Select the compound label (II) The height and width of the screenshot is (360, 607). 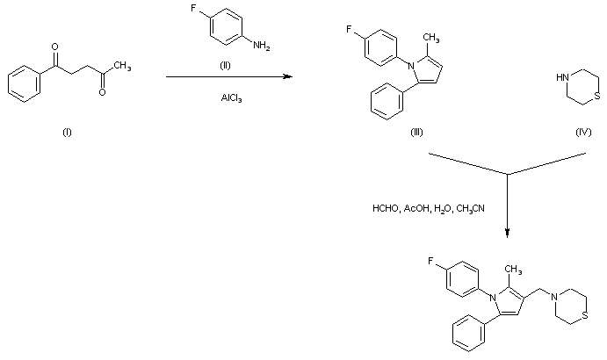(225, 67)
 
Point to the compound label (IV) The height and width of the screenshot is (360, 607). (583, 132)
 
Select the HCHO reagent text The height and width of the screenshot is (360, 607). (385, 209)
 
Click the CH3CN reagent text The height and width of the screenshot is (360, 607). (471, 209)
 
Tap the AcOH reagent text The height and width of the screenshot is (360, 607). (417, 209)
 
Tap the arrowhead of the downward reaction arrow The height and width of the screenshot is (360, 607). (508, 234)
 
